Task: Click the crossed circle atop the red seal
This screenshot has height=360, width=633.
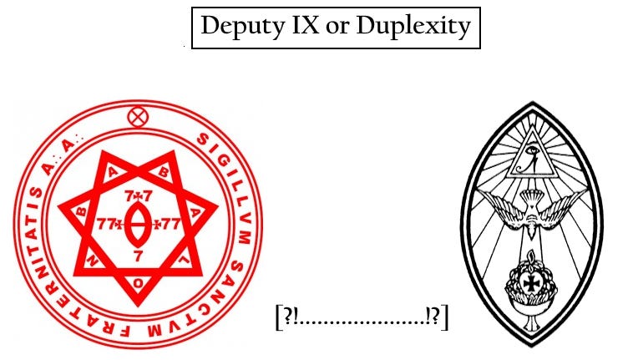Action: point(136,117)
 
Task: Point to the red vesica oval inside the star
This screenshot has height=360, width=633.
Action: point(137,222)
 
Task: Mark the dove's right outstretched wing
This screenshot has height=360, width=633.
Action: point(567,201)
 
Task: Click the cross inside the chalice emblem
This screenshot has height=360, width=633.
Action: point(531,282)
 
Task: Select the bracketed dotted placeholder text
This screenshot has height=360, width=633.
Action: point(361,318)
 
